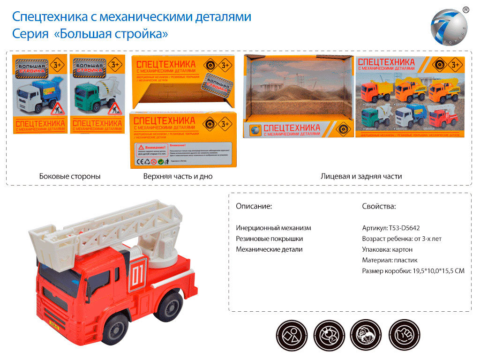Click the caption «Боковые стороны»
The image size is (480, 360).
tap(70, 176)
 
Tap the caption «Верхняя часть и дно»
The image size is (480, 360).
tap(178, 176)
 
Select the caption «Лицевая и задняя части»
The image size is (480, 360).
tap(361, 176)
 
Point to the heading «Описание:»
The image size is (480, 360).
tap(254, 206)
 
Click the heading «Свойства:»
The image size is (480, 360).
tap(379, 206)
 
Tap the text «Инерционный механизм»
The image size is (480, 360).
tap(273, 228)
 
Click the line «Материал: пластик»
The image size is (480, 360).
tap(390, 260)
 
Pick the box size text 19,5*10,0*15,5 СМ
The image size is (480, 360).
tap(435, 271)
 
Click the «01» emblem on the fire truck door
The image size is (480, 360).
tap(137, 277)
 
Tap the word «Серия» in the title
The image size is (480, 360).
tap(30, 34)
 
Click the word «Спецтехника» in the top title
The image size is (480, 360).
tap(46, 17)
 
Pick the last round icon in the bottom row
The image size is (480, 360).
tap(405, 334)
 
